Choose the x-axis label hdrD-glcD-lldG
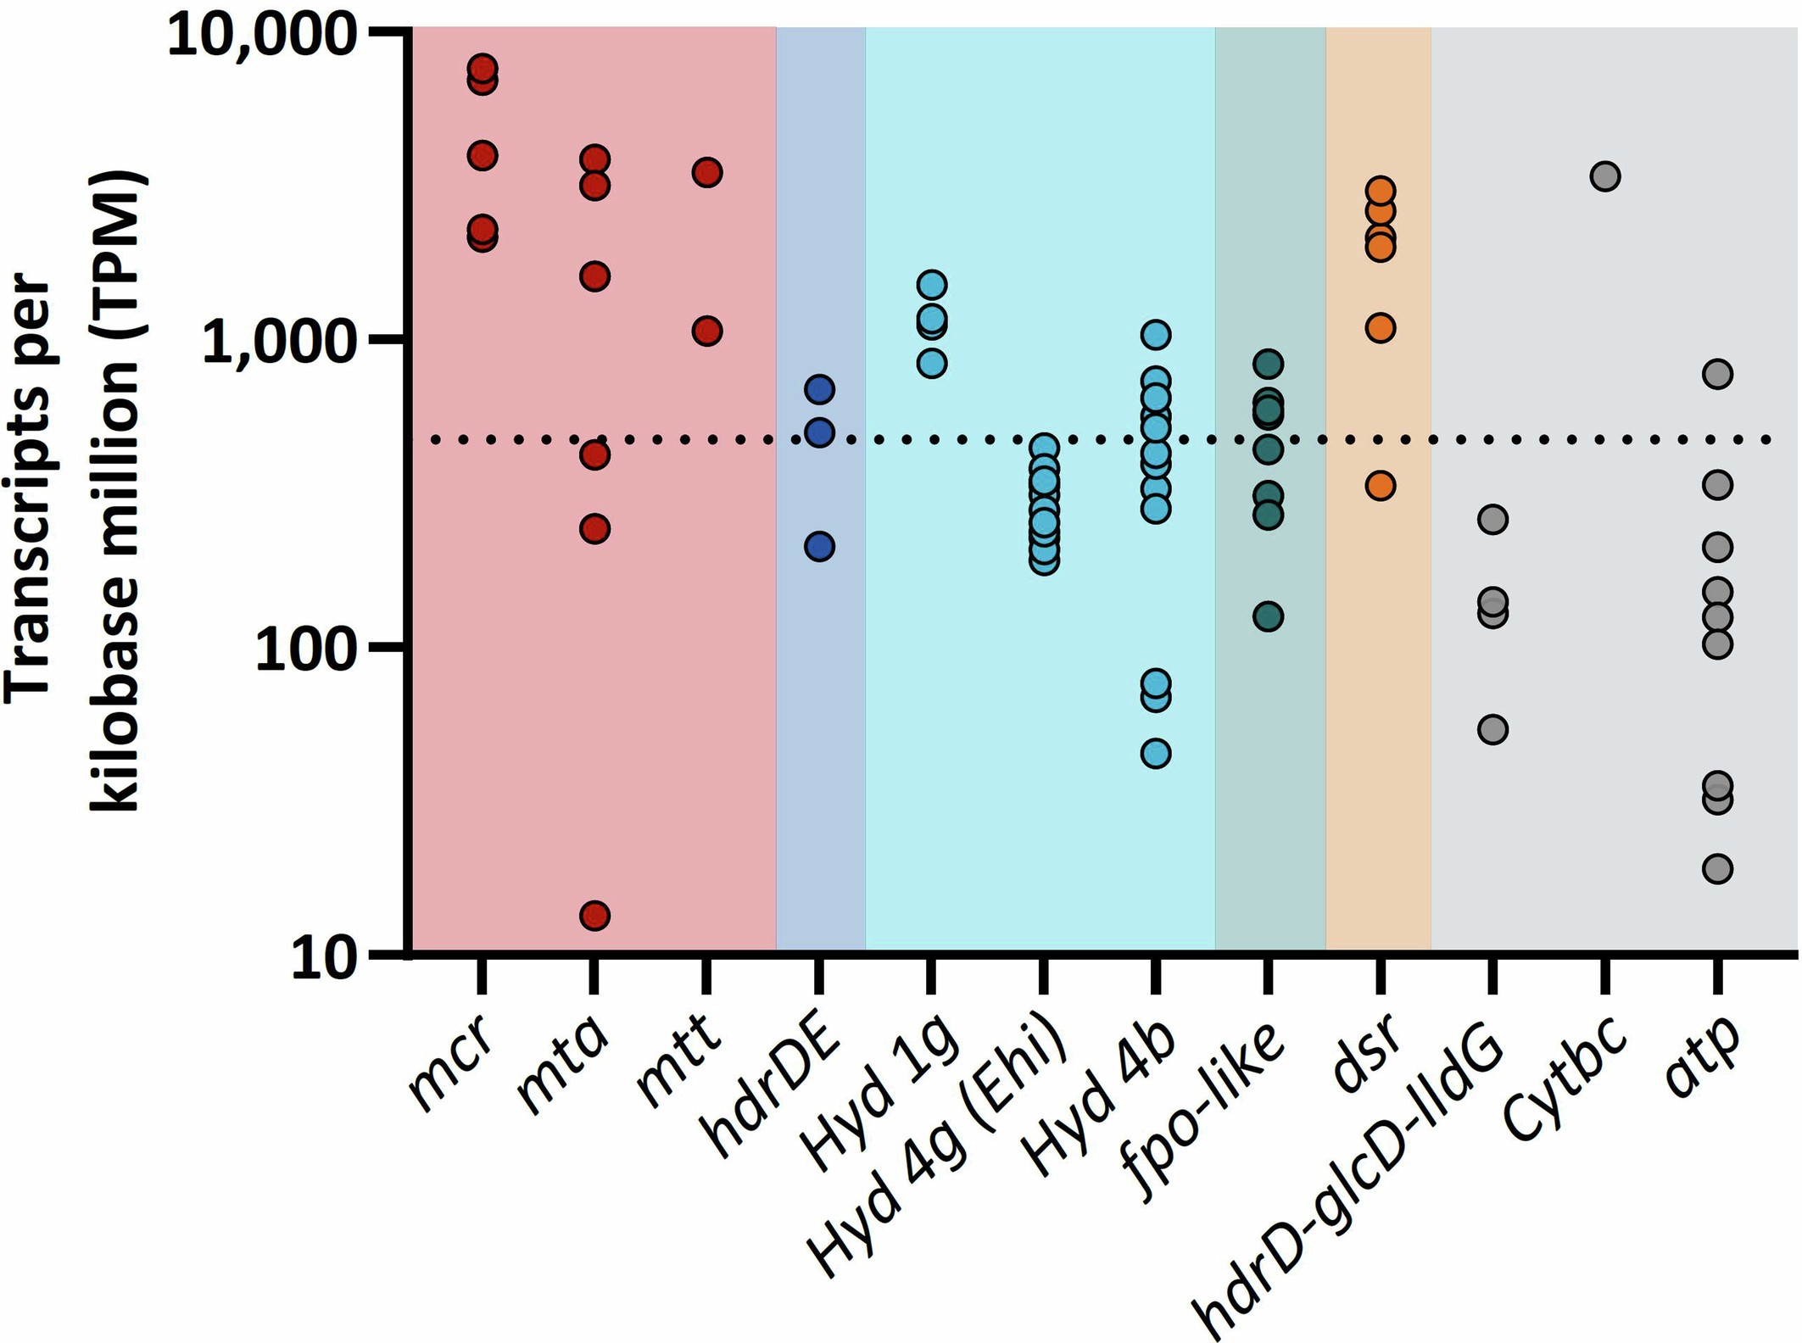pyautogui.click(x=1348, y=1183)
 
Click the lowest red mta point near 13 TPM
pyautogui.click(x=594, y=916)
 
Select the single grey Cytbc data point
pyautogui.click(x=1605, y=176)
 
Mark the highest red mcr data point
pyautogui.click(x=483, y=68)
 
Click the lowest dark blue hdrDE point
pyautogui.click(x=819, y=546)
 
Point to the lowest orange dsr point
pyautogui.click(x=1381, y=486)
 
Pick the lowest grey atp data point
pyautogui.click(x=1717, y=868)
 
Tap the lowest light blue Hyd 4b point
pyautogui.click(x=1156, y=753)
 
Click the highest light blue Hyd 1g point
pyautogui.click(x=931, y=285)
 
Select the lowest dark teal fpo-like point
pyautogui.click(x=1268, y=616)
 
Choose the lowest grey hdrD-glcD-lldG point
pyautogui.click(x=1492, y=729)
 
